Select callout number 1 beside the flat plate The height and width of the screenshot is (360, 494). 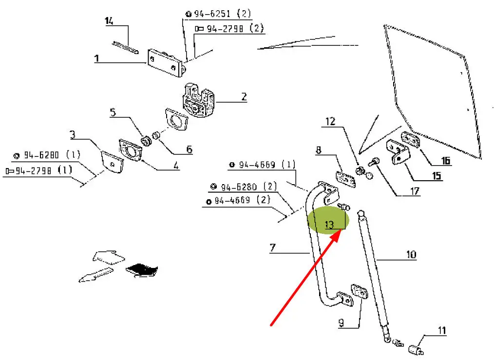(96, 58)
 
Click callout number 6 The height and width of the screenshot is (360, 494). (189, 150)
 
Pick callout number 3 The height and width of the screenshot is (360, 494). (72, 134)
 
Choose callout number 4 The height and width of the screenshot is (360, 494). (176, 166)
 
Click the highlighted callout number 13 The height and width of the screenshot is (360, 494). (330, 225)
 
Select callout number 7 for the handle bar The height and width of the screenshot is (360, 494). (273, 248)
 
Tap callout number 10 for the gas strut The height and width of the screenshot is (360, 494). (411, 254)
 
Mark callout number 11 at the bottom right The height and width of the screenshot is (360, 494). (441, 331)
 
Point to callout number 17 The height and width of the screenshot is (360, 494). (414, 191)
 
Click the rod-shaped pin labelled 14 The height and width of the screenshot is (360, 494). (126, 47)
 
